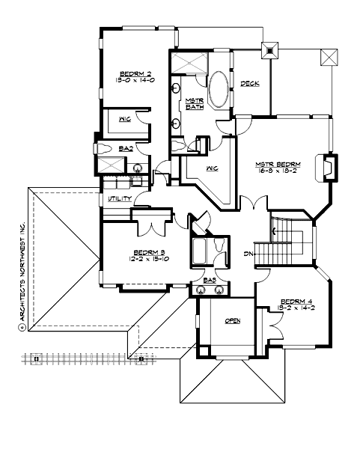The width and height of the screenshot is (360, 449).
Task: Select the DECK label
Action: tap(250, 83)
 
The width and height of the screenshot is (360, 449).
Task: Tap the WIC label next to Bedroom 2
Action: tap(126, 119)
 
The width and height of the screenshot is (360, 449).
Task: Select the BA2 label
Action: tap(126, 149)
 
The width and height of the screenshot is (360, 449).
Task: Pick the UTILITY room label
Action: tap(120, 199)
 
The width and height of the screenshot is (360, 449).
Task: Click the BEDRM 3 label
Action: tap(149, 252)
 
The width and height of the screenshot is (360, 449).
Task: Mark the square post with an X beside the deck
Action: tap(268, 52)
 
